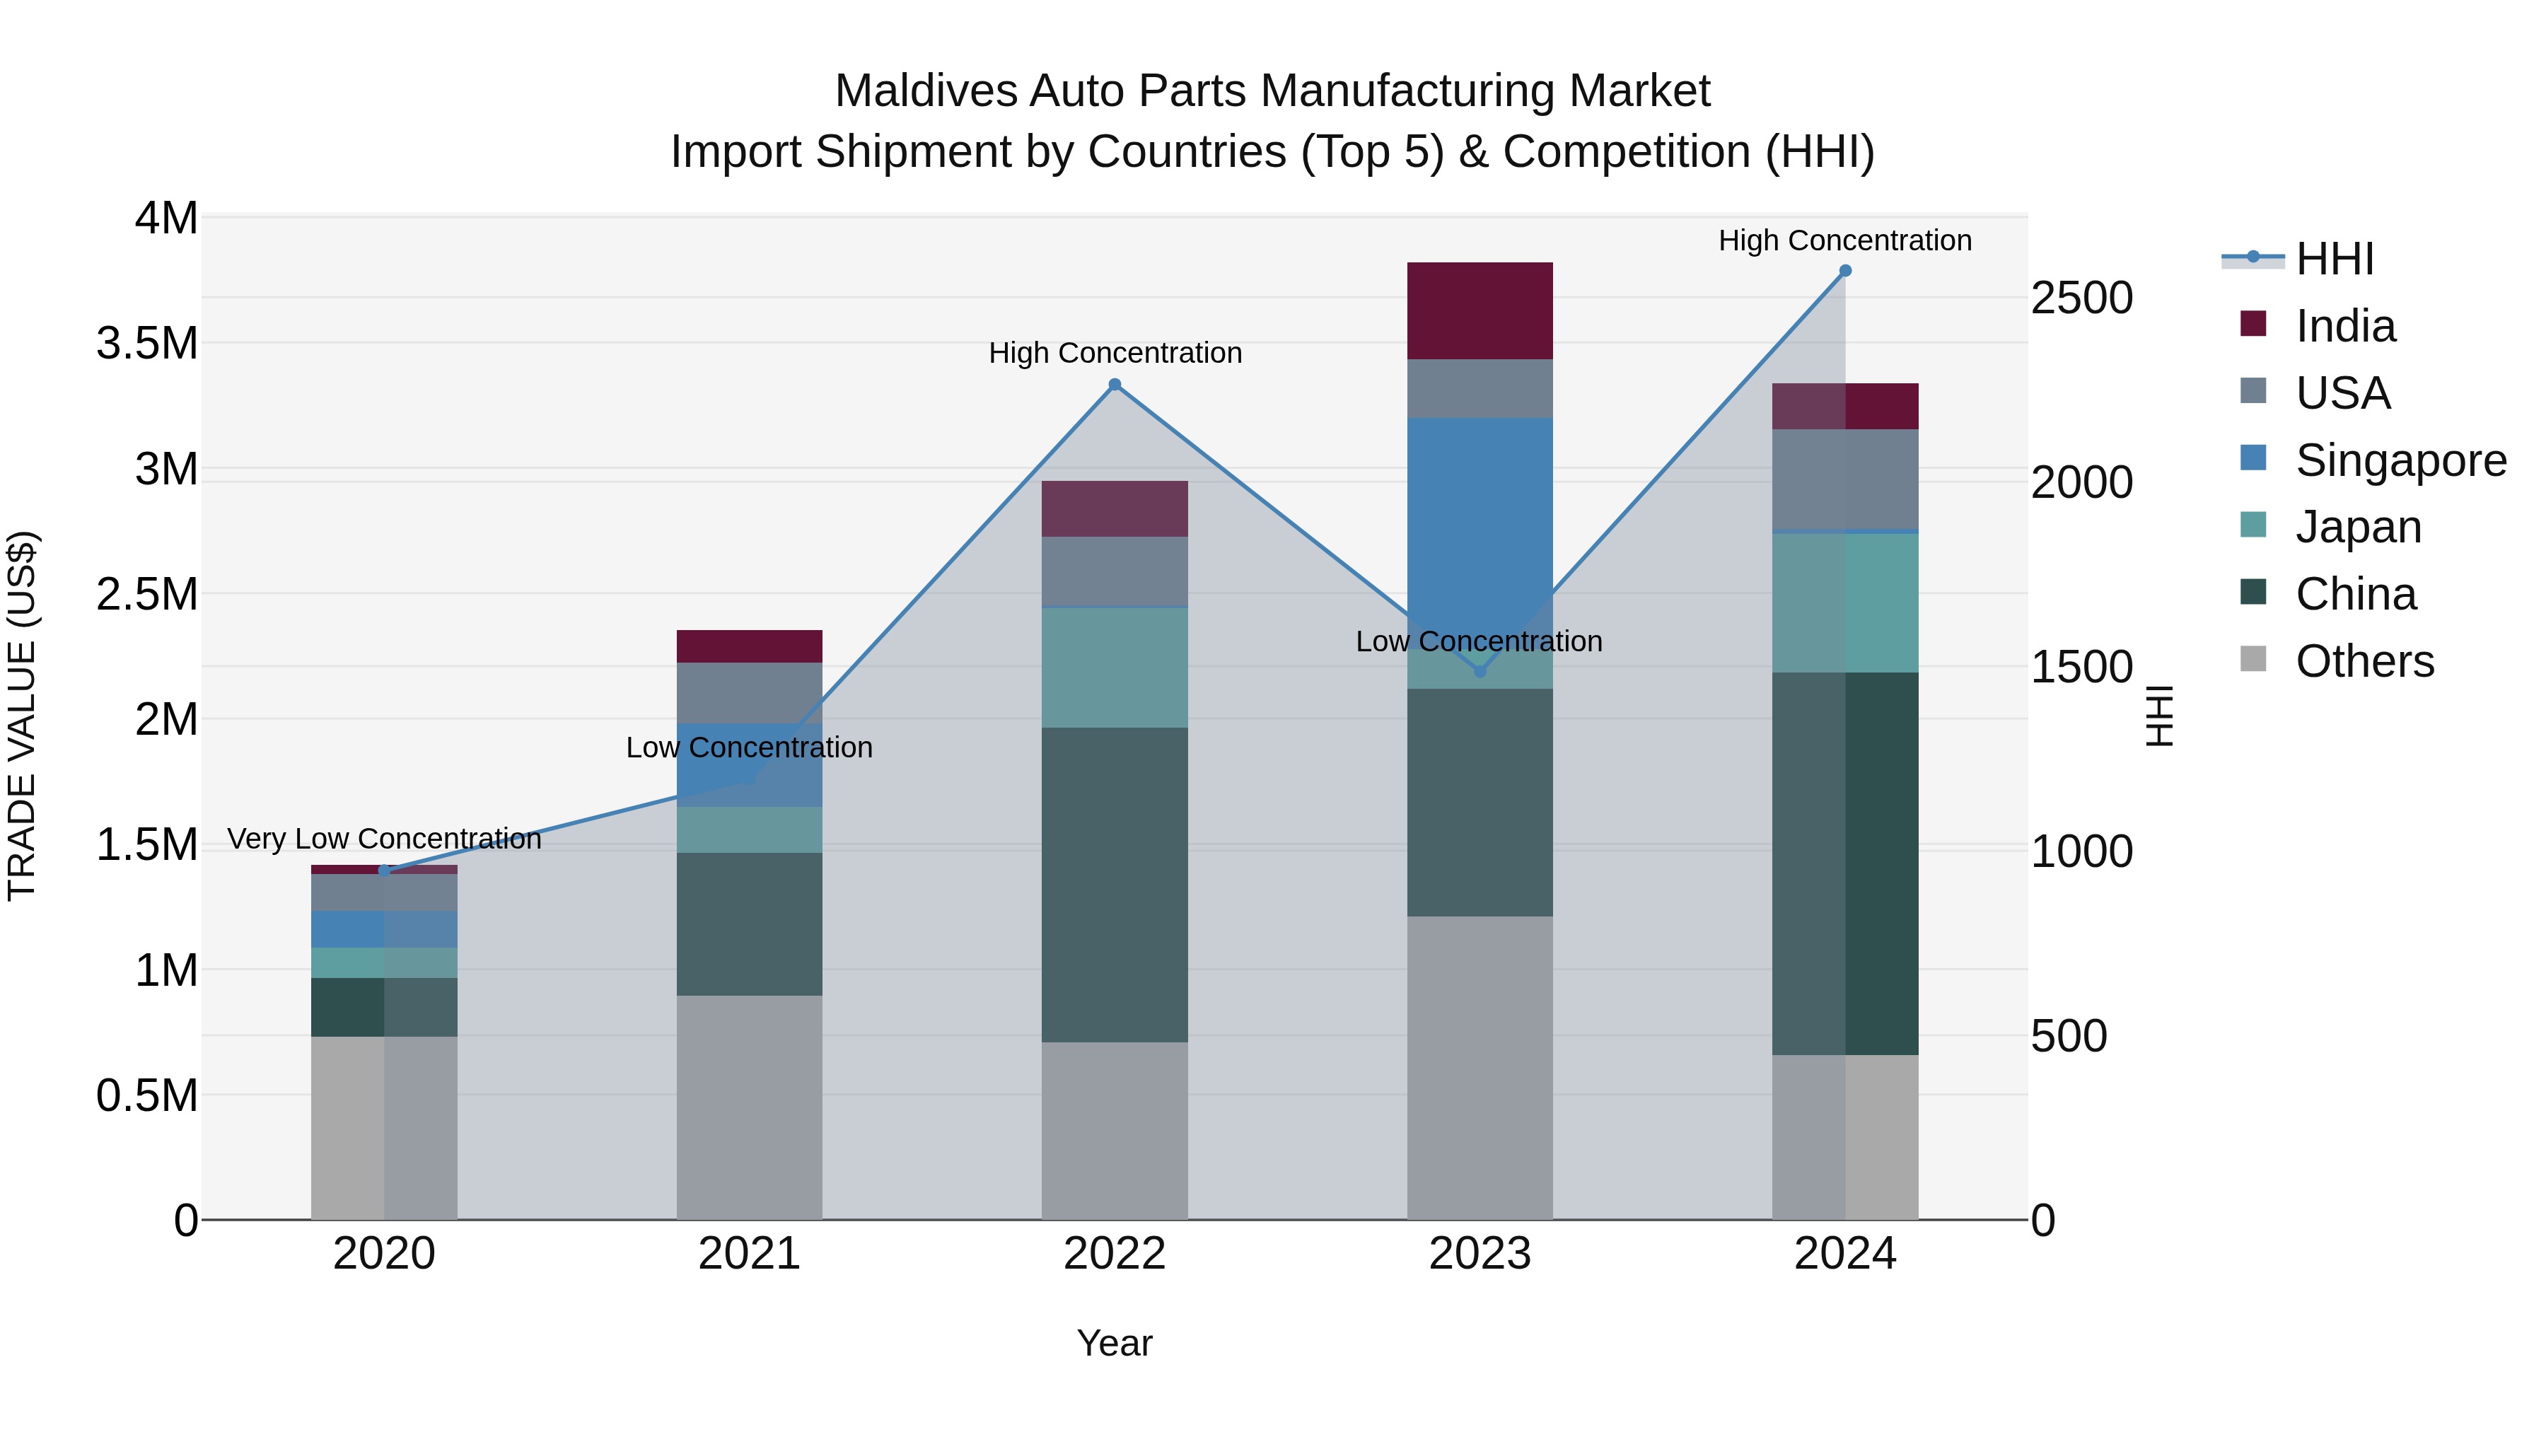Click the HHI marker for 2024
click(1844, 271)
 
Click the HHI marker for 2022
click(1114, 385)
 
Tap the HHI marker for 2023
click(1480, 671)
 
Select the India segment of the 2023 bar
click(1480, 310)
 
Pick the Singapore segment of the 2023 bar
click(1480, 514)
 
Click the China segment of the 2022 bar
click(1114, 885)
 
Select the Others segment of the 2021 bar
click(749, 1107)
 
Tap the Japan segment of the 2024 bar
click(1844, 603)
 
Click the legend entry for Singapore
click(2400, 460)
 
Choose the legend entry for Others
click(2363, 661)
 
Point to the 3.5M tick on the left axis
click(147, 344)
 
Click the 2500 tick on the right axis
click(2081, 298)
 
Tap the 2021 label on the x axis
click(749, 1254)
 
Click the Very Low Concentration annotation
click(385, 839)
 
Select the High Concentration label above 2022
click(1115, 353)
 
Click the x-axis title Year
click(1114, 1343)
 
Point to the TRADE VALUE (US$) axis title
click(22, 716)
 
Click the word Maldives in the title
click(925, 91)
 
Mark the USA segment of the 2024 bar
click(1844, 479)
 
